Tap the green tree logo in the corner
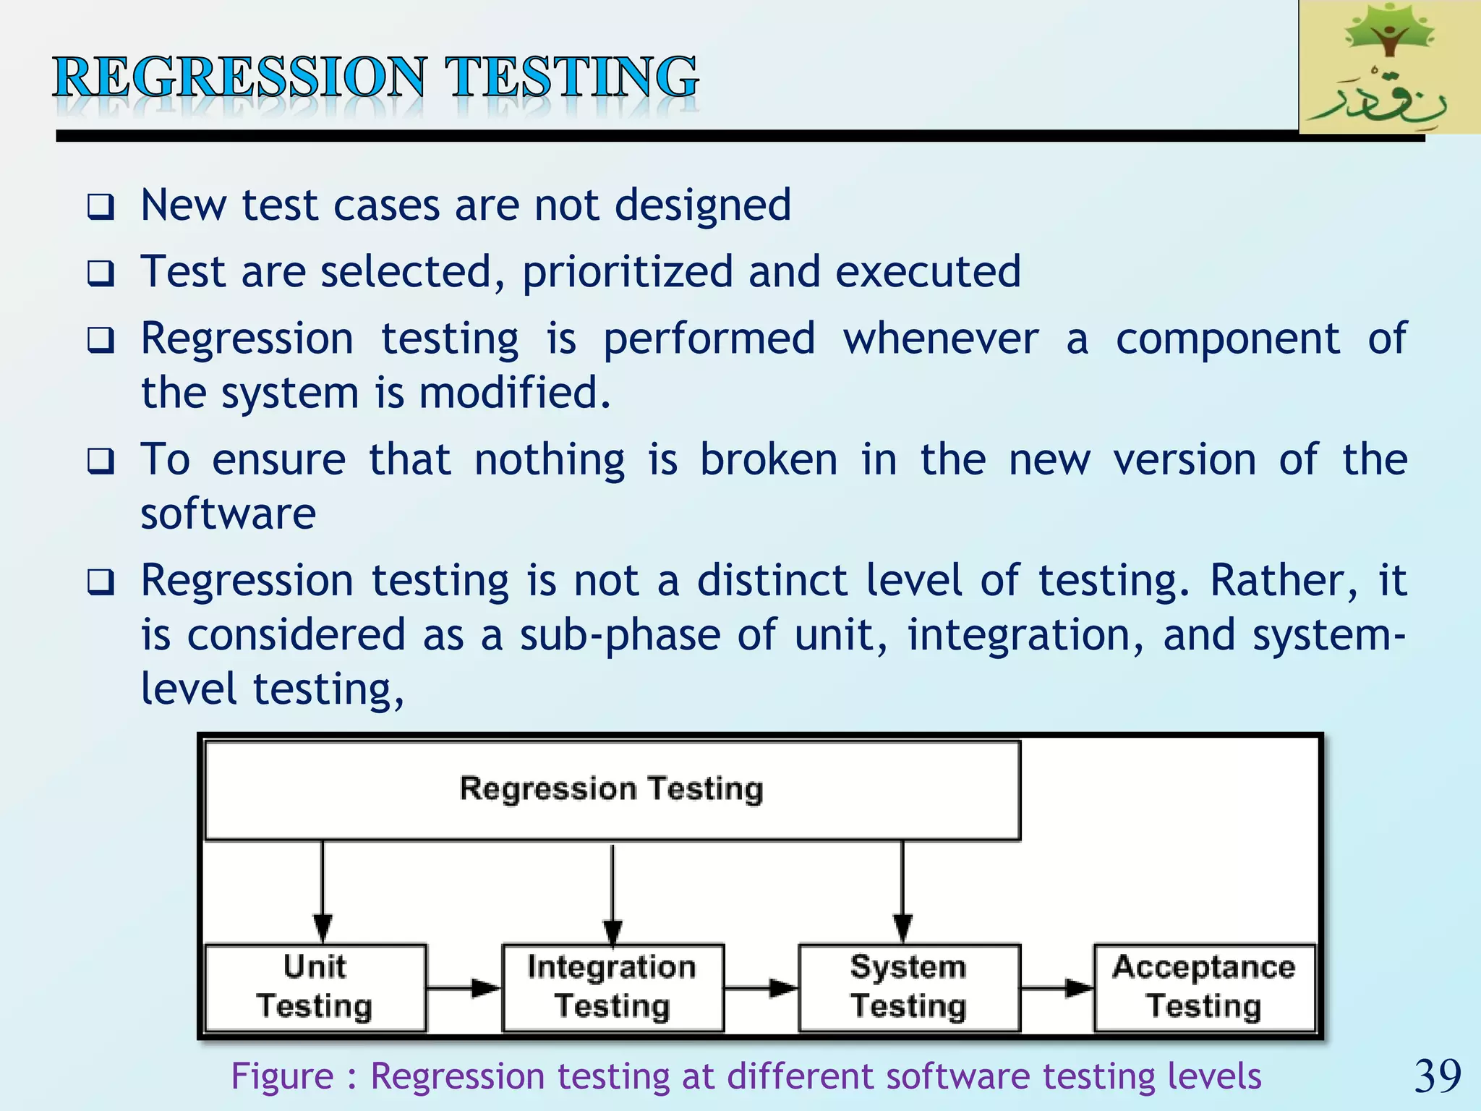[x=1389, y=67]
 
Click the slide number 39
[x=1438, y=1076]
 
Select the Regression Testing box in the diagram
[x=612, y=790]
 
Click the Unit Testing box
[x=315, y=987]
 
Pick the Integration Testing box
[x=613, y=987]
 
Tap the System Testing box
[x=909, y=987]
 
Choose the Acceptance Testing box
[x=1204, y=987]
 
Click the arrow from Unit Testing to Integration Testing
[x=464, y=987]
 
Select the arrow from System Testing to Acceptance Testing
[x=1057, y=987]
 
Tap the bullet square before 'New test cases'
[x=101, y=208]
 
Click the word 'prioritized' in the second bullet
[x=627, y=272]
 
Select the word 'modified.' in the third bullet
[x=515, y=393]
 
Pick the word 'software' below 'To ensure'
[x=228, y=514]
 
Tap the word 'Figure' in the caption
[x=282, y=1076]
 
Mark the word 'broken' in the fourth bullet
[x=769, y=459]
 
